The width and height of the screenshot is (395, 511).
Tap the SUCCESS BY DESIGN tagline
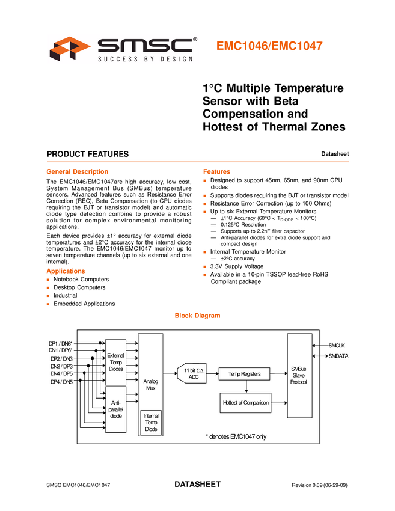(x=145, y=58)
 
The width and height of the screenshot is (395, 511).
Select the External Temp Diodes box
(x=115, y=363)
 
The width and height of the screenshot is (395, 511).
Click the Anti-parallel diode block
(x=115, y=409)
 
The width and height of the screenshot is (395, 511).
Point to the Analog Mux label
(x=150, y=385)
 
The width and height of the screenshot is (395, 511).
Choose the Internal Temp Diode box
(x=151, y=423)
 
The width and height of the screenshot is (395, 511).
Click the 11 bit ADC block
(x=193, y=374)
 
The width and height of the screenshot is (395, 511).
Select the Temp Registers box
(x=244, y=374)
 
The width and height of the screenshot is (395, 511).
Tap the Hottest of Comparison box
(x=245, y=402)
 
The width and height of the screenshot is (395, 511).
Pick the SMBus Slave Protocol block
(x=299, y=375)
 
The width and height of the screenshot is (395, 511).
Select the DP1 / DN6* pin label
(x=61, y=343)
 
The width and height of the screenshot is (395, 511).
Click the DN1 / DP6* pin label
(x=61, y=350)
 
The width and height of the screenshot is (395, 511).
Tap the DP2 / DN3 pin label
(x=61, y=358)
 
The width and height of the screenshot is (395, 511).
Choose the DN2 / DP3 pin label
(x=61, y=366)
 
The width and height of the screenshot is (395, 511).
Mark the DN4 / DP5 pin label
(x=61, y=373)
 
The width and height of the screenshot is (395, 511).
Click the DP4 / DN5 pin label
(x=61, y=381)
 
